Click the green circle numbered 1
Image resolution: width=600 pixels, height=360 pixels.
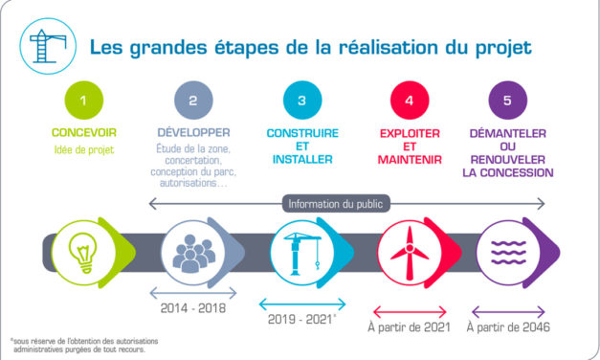tap(83, 100)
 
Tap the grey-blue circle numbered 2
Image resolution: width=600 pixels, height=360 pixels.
tap(193, 100)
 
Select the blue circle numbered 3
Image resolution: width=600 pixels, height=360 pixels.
tap(302, 100)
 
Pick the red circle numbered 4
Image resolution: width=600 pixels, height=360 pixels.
tap(410, 100)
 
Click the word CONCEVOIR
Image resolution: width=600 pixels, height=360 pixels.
tap(83, 131)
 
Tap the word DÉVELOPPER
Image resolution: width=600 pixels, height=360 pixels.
tap(193, 131)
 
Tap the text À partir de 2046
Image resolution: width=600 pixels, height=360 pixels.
tap(508, 326)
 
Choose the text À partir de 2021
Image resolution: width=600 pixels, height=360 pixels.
tap(410, 326)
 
